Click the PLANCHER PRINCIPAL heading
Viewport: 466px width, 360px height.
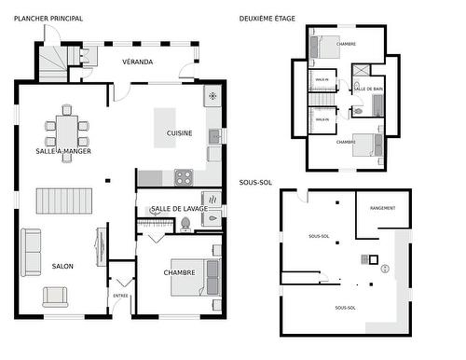coord(48,18)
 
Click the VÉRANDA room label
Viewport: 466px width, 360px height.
coord(138,62)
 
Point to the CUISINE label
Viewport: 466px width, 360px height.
coord(180,133)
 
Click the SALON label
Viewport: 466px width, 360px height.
coord(62,266)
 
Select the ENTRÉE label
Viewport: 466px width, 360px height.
coord(120,296)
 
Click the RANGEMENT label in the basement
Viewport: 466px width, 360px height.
coord(382,208)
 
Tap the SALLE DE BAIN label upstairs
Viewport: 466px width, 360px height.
coord(369,89)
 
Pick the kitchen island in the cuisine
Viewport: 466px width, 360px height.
coord(166,121)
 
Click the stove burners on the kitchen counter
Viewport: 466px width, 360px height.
coord(183,175)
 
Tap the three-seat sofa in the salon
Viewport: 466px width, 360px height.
coord(32,252)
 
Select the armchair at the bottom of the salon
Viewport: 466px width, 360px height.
coord(55,297)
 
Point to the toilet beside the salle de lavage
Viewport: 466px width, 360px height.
coord(185,223)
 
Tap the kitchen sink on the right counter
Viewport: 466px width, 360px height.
coord(214,136)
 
